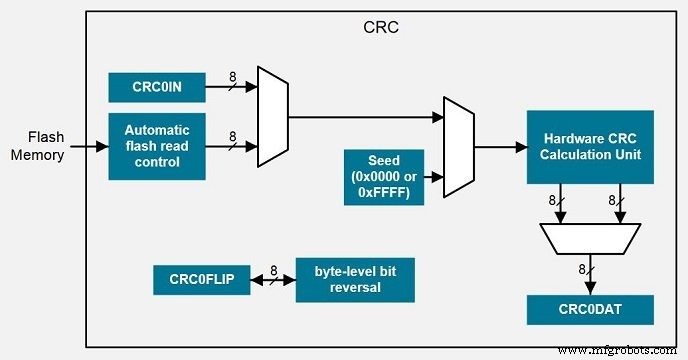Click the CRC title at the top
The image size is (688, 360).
coord(380,25)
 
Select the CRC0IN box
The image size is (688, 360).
coord(157,87)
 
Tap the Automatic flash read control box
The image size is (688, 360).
coord(157,146)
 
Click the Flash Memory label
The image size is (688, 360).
coord(46,146)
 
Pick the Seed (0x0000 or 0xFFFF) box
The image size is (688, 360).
coord(383,177)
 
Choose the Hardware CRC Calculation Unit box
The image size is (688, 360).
coord(590,147)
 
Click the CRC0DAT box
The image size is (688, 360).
coord(590,309)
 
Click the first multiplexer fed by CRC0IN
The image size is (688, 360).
coord(273,117)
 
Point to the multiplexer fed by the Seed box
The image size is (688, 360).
coord(459,147)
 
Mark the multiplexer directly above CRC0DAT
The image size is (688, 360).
coord(590,238)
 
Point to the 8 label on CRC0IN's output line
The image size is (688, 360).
coord(233,76)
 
